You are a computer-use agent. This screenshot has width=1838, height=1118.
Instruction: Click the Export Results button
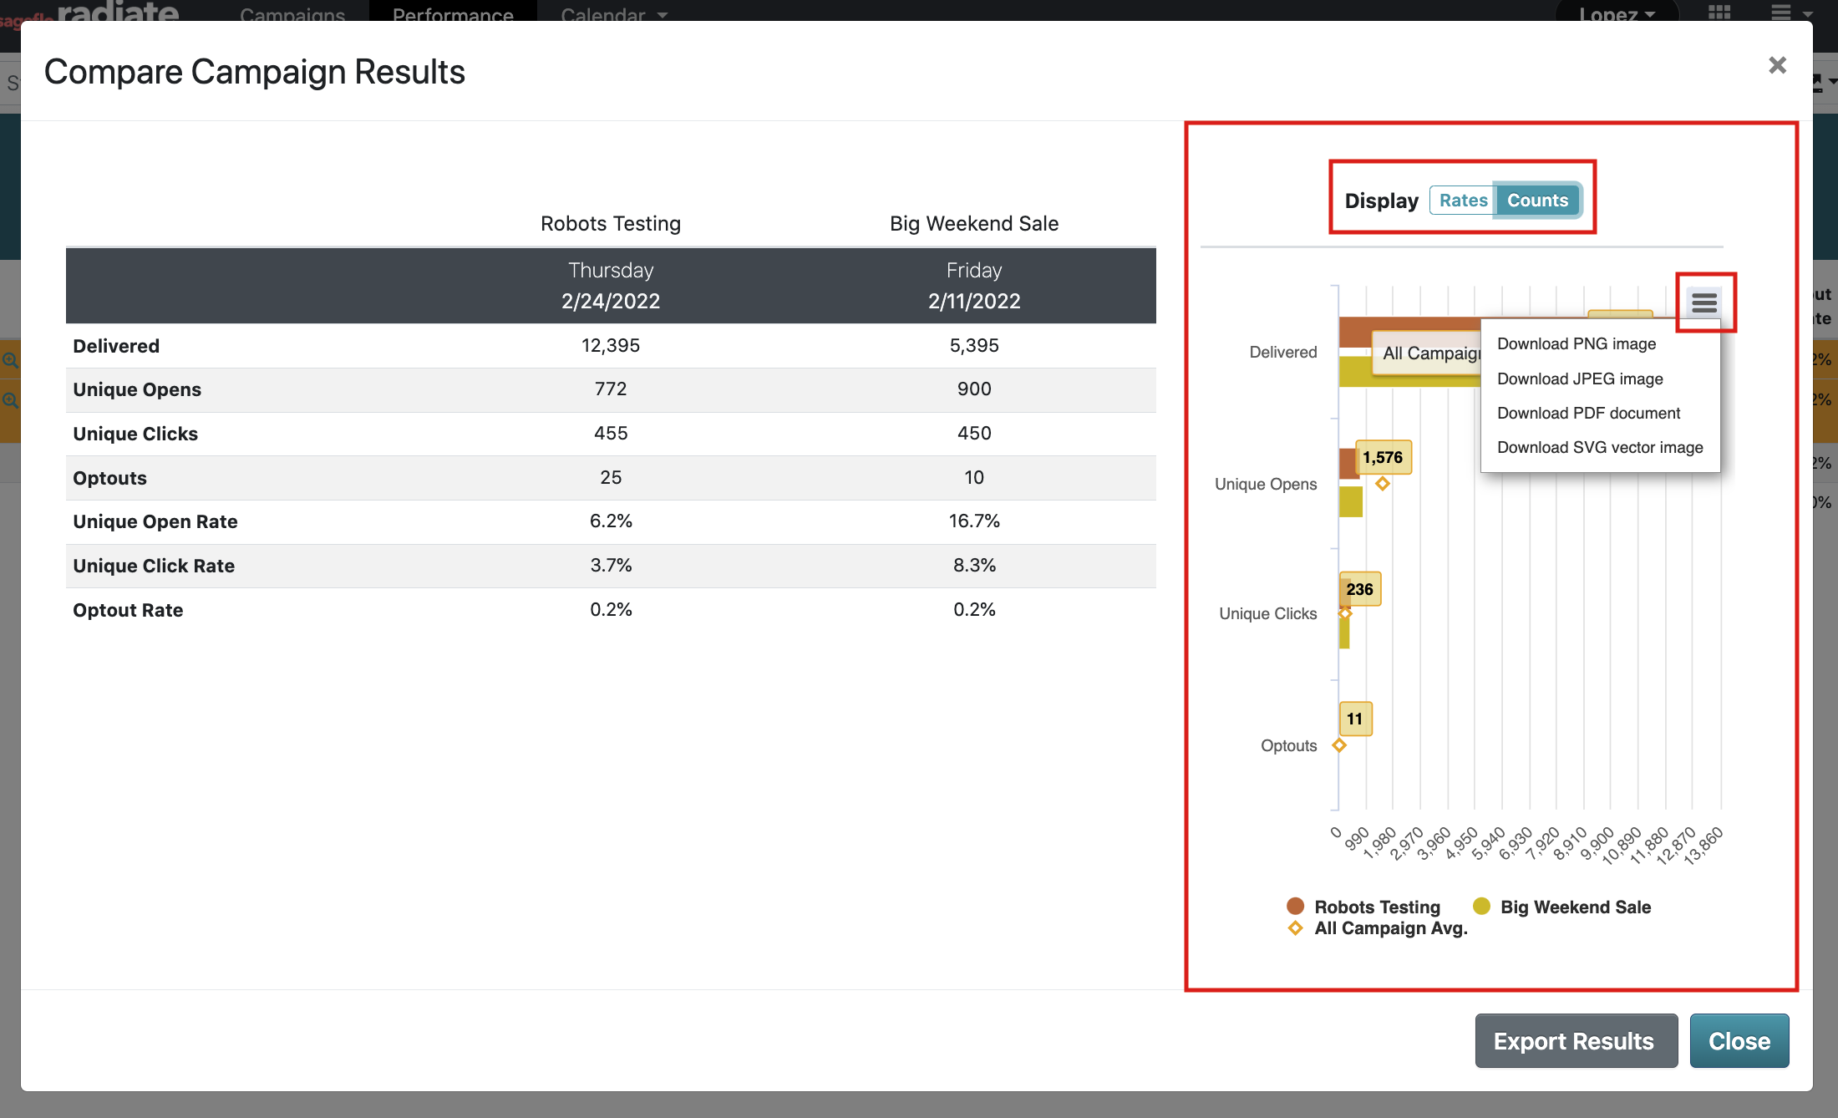tap(1576, 1041)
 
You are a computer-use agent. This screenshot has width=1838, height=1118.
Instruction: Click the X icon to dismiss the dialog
tap(1777, 65)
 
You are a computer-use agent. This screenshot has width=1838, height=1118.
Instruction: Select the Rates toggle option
tap(1463, 201)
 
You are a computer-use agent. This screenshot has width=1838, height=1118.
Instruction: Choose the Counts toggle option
tap(1537, 201)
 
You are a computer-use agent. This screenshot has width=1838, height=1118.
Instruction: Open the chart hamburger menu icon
tap(1704, 302)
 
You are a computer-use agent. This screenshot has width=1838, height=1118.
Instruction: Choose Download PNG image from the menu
tap(1577, 344)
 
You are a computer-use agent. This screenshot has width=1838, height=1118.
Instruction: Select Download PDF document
tap(1588, 414)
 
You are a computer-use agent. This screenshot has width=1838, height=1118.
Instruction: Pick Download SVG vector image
tap(1600, 448)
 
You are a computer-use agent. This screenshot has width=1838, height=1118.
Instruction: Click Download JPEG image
tap(1580, 379)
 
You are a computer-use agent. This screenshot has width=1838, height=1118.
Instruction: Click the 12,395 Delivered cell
tap(611, 346)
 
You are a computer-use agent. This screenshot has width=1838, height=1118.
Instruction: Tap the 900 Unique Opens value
tap(974, 389)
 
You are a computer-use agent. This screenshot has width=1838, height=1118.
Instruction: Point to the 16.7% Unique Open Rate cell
tap(974, 521)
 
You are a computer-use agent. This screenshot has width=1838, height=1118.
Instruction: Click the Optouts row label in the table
tap(109, 478)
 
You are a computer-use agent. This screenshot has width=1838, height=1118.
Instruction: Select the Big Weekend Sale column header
tap(974, 224)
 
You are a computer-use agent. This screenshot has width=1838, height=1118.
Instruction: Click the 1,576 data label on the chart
tap(1383, 458)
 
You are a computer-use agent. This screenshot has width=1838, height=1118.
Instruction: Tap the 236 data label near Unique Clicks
tap(1360, 589)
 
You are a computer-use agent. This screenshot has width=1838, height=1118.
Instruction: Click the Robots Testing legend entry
tap(1376, 907)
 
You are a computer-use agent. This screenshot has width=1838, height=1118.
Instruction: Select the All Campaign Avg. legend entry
tap(1390, 928)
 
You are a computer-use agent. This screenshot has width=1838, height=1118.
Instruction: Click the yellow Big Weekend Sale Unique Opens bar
tap(1350, 502)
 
